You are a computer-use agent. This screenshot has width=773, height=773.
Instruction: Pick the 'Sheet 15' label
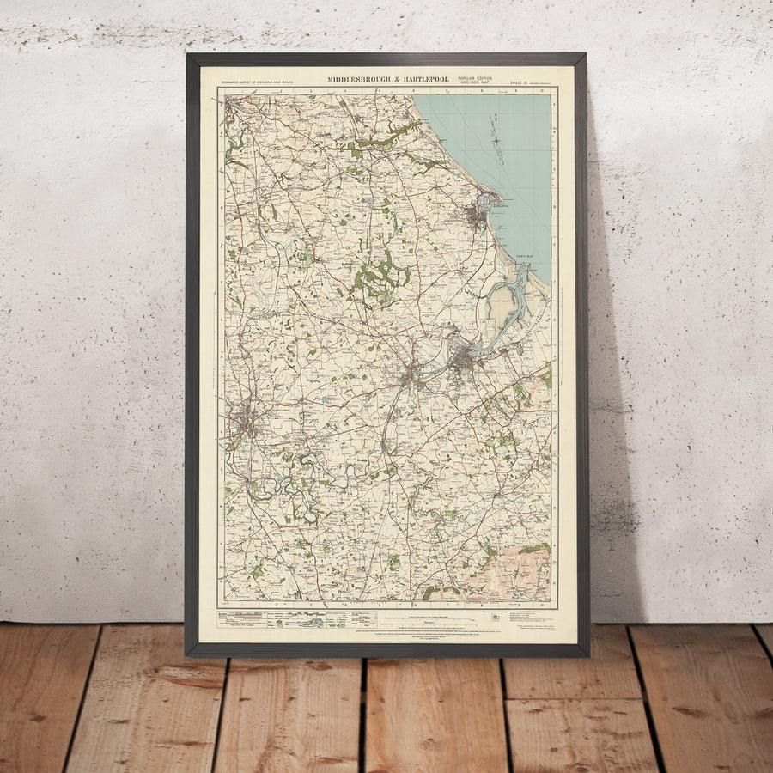coord(520,82)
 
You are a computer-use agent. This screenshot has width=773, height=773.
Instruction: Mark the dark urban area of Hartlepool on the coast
coord(478,215)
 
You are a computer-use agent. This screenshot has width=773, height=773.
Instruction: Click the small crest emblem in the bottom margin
coord(494,617)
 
